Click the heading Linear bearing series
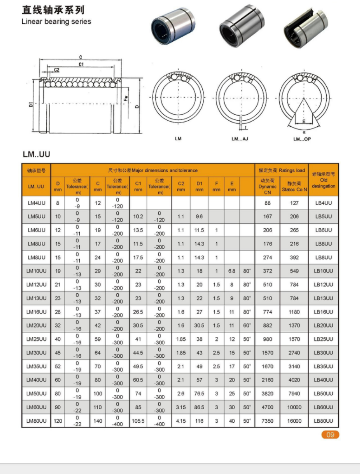56,22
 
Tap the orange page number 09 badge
330,435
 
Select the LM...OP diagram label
302,139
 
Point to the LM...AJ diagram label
239,139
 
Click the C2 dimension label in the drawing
57,70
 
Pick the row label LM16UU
37,312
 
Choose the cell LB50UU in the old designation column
323,394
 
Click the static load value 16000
294,421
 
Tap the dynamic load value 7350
267,421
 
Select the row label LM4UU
37,203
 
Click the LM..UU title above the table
36,154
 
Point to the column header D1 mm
199,186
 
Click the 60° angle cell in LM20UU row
247,325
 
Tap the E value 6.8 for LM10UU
232,271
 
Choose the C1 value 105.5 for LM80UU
138,421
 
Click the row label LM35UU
37,366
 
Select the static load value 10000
294,407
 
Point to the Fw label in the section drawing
126,97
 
